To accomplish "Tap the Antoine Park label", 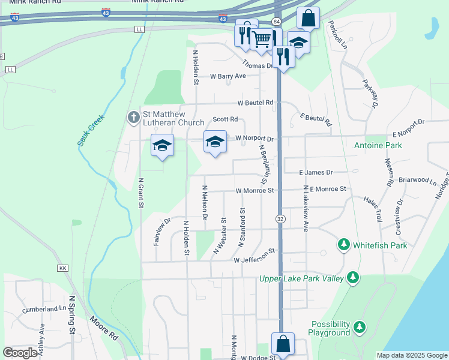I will [378, 145].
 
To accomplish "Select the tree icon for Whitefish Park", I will [343, 244].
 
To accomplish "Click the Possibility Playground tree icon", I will [359, 327].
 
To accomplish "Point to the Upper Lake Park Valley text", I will [301, 278].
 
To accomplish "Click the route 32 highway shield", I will [280, 219].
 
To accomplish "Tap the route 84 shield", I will [276, 22].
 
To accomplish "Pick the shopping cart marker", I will [262, 40].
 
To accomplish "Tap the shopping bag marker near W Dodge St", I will [283, 344].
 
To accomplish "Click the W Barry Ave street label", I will [228, 76].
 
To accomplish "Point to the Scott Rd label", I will [225, 119].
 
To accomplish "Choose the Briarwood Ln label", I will [417, 180].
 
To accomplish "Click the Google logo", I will [20, 353].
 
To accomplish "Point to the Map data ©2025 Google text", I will [411, 355].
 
